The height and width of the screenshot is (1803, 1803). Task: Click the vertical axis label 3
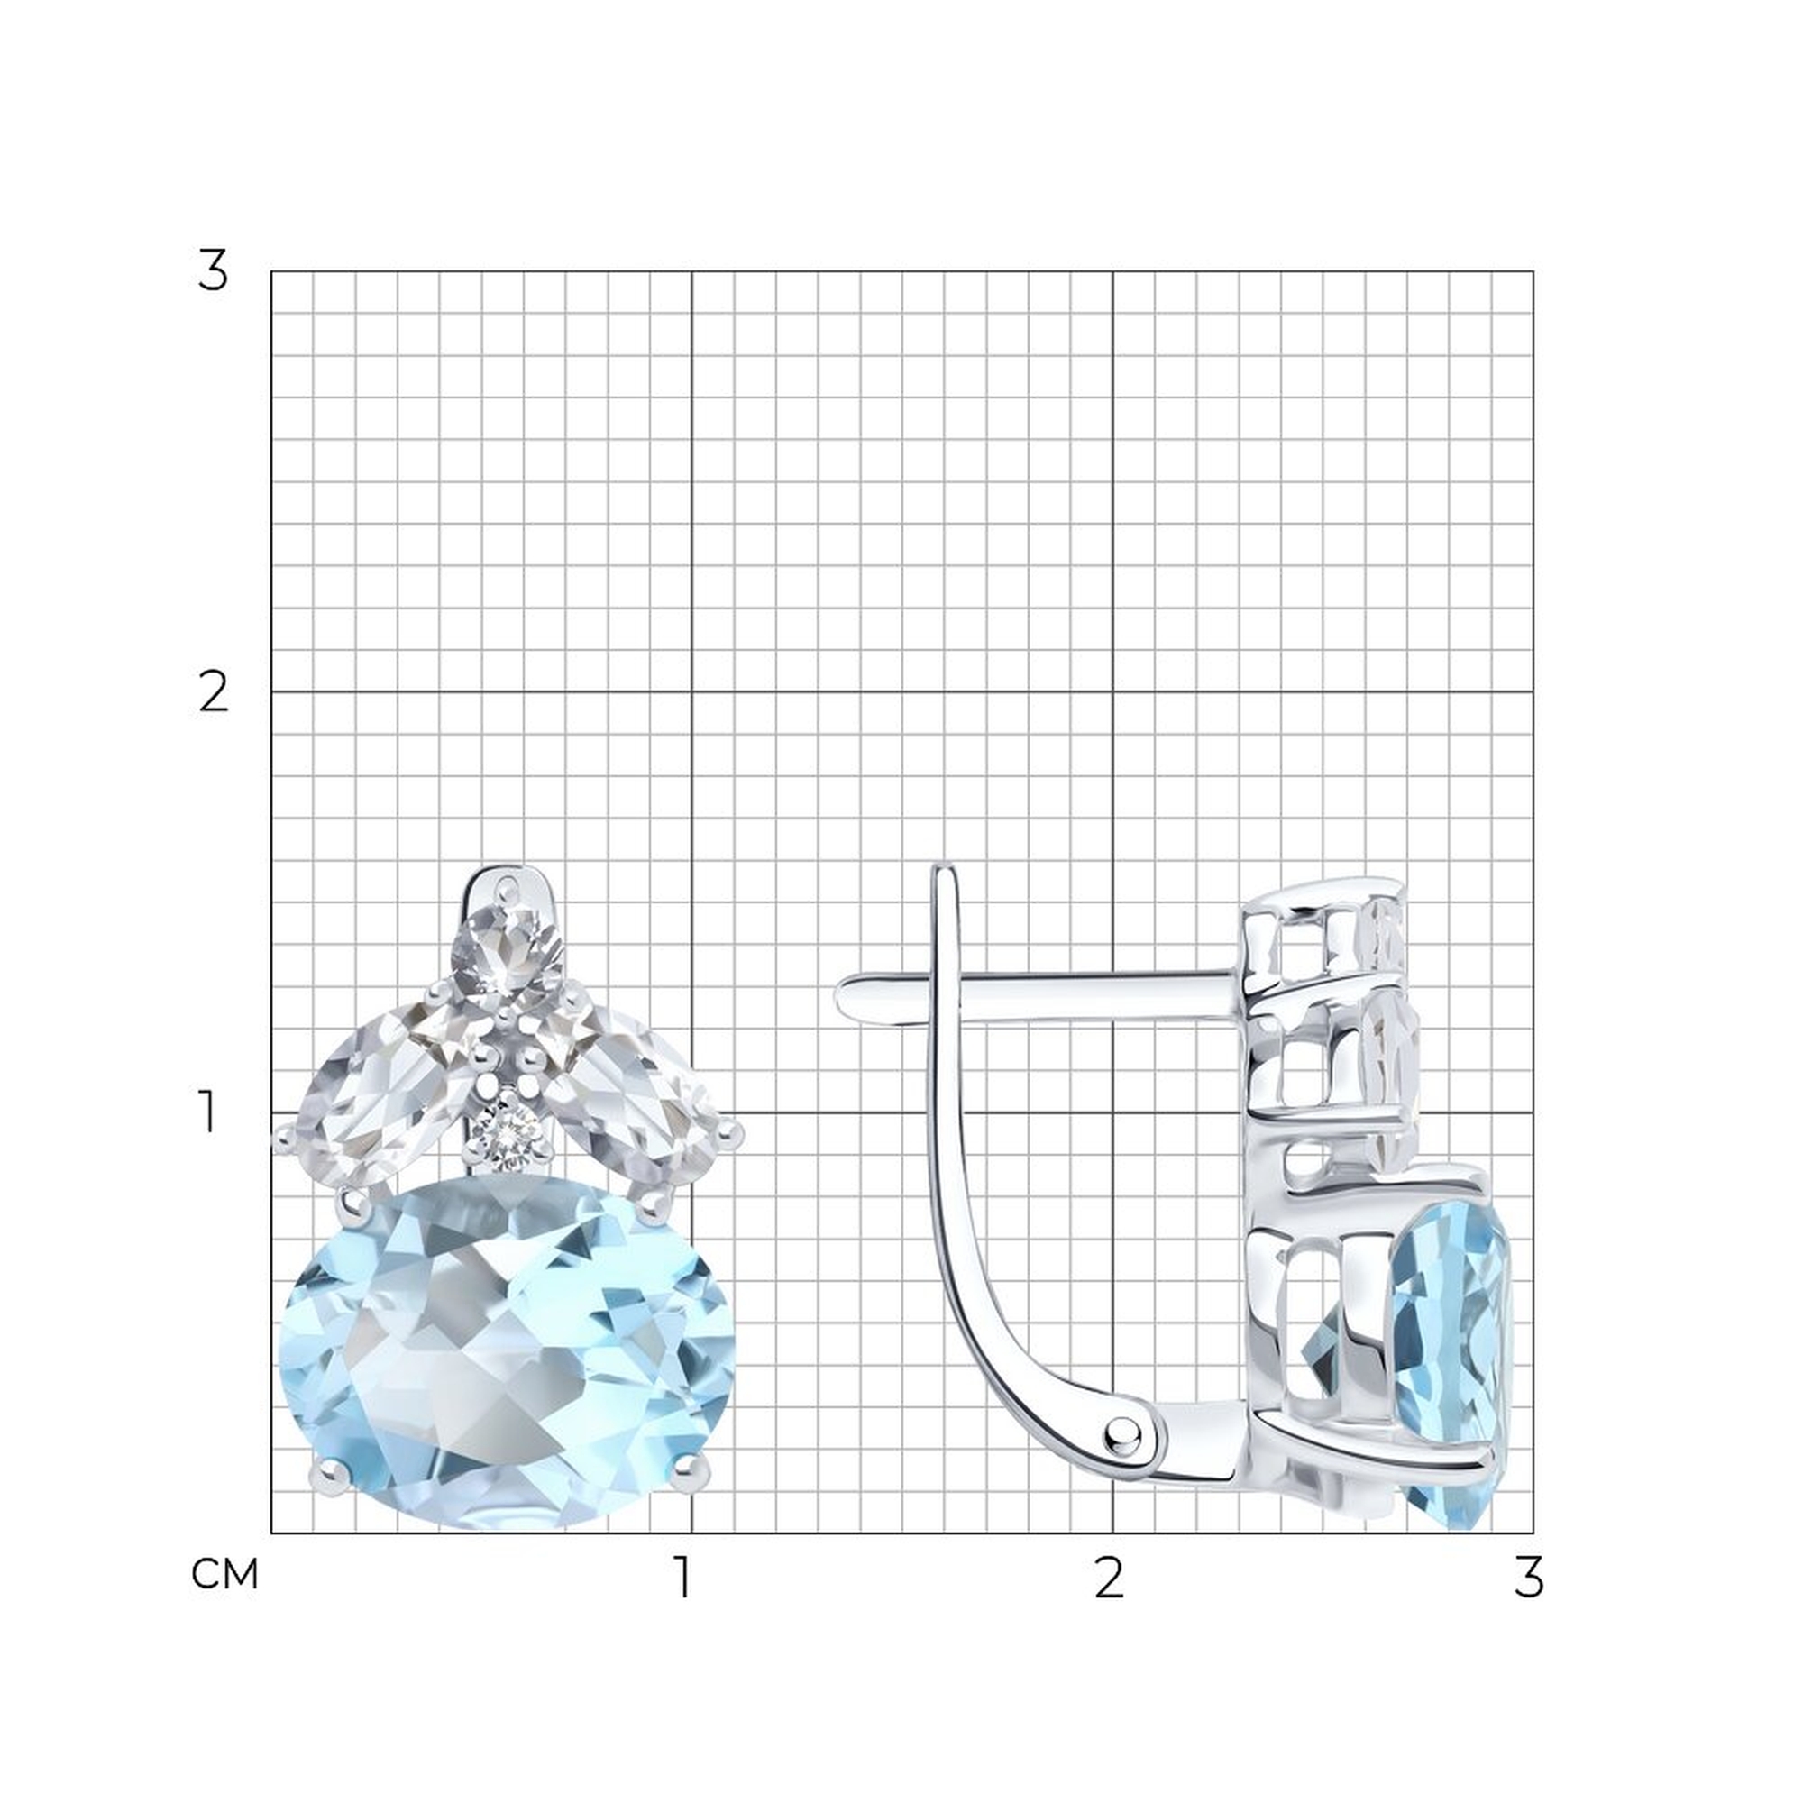point(213,271)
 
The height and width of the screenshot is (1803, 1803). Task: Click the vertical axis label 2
point(214,693)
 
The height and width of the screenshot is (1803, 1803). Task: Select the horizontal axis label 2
point(1109,1577)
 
